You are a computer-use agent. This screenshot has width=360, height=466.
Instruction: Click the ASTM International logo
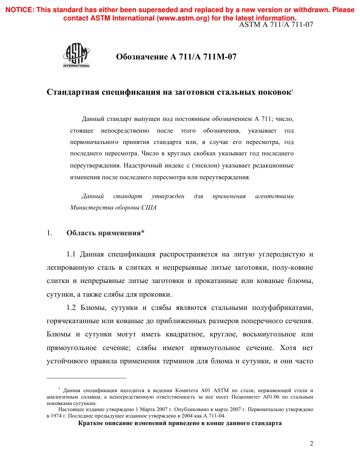[77, 56]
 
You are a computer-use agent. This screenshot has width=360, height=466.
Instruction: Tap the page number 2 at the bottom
[311, 444]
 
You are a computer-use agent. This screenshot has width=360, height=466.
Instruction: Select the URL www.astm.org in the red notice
[182, 18]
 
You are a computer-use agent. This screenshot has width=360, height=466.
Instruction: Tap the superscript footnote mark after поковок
[292, 90]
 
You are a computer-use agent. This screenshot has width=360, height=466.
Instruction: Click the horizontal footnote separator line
[86, 378]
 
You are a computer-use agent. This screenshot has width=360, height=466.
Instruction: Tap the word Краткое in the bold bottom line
[91, 423]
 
